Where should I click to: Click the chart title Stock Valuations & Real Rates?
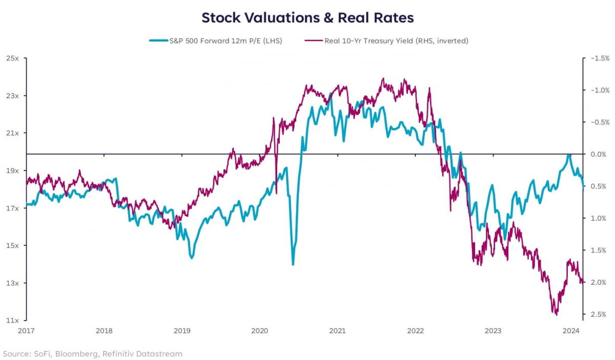tap(307, 17)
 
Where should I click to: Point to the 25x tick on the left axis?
tap(12, 58)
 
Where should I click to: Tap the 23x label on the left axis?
tap(12, 96)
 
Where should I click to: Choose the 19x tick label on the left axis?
tap(12, 171)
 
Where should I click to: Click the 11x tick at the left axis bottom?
tap(12, 321)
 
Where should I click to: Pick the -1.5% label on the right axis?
tap(599, 58)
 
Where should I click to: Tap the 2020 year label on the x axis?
tap(259, 331)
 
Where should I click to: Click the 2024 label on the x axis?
tap(571, 331)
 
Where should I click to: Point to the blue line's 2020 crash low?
tap(293, 264)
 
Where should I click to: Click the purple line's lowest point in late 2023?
tap(556, 314)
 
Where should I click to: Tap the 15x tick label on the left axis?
tap(12, 246)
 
